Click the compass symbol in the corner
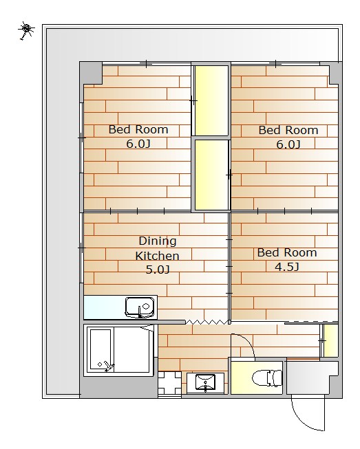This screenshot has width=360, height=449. tap(26, 30)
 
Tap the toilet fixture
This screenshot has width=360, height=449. tap(268, 378)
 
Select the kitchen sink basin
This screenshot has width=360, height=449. tap(140, 307)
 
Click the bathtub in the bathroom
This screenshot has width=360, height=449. tap(100, 350)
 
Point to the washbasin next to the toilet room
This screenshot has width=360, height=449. tap(206, 382)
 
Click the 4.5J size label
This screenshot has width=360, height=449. tap(287, 267)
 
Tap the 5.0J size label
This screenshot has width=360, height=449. tap(158, 270)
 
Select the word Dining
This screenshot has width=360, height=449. tap(158, 241)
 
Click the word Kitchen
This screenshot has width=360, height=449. tap(158, 256)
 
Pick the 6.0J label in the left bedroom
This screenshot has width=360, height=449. tap(138, 144)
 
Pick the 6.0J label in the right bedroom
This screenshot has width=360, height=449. tap(288, 144)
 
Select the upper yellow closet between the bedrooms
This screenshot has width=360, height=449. tap(211, 100)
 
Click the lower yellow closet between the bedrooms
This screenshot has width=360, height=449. tap(211, 175)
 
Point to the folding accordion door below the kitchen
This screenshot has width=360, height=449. tap(207, 322)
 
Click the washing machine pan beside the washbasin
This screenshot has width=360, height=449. tap(169, 383)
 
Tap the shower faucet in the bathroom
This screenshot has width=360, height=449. tap(108, 366)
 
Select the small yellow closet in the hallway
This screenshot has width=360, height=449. tap(331, 341)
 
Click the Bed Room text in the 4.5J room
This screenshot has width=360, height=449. tap(287, 252)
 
